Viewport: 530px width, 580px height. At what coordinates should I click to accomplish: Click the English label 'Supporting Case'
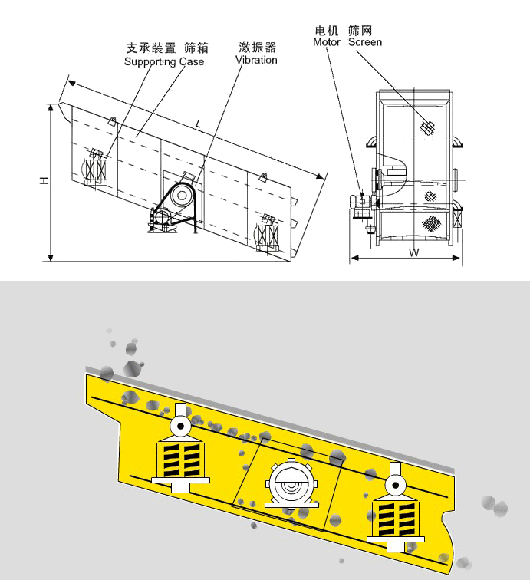[x=164, y=61]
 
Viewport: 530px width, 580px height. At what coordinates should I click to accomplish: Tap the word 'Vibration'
[x=256, y=60]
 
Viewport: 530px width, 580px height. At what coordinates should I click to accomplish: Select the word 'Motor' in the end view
[x=326, y=42]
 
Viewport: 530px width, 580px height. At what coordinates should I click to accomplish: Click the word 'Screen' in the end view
[x=365, y=42]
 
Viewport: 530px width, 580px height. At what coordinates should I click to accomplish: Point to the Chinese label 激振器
[x=257, y=48]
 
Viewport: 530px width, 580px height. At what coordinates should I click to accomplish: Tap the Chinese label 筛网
[x=360, y=31]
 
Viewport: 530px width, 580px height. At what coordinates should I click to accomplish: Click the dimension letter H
[x=44, y=180]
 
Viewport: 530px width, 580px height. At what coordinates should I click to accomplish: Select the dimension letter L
[x=198, y=123]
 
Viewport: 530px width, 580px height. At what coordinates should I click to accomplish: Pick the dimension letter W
[x=413, y=252]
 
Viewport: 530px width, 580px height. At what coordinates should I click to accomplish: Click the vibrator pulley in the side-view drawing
[x=183, y=196]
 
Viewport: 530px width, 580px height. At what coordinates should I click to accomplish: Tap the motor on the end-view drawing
[x=359, y=203]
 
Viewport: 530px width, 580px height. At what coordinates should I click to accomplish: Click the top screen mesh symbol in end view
[x=428, y=127]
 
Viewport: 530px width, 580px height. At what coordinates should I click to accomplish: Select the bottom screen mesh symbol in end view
[x=433, y=223]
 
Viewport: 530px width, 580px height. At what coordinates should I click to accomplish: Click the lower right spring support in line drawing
[x=268, y=232]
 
